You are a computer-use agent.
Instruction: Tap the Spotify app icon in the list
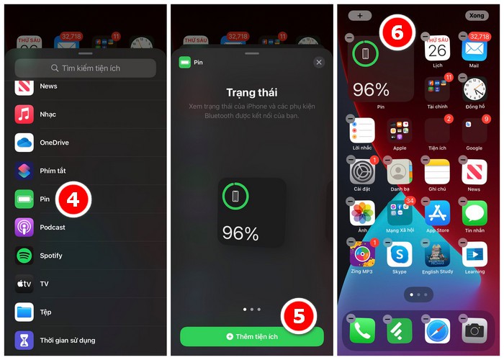pyautogui.click(x=24, y=256)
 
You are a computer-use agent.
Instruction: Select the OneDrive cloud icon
pyautogui.click(x=24, y=143)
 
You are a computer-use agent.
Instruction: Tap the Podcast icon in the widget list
pyautogui.click(x=24, y=228)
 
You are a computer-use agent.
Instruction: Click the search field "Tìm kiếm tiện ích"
pyautogui.click(x=86, y=68)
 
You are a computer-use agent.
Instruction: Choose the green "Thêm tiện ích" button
pyautogui.click(x=251, y=336)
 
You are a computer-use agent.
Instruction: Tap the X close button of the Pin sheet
pyautogui.click(x=319, y=63)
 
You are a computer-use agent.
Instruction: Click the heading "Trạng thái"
pyautogui.click(x=251, y=93)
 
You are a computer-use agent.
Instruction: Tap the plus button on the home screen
pyautogui.click(x=359, y=15)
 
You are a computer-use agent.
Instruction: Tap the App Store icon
pyautogui.click(x=437, y=213)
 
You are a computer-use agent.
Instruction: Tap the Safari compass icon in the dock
pyautogui.click(x=437, y=330)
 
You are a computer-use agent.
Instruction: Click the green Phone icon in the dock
pyautogui.click(x=362, y=330)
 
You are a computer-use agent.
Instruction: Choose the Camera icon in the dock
pyautogui.click(x=474, y=330)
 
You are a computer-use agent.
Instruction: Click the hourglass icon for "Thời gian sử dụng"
pyautogui.click(x=24, y=340)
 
